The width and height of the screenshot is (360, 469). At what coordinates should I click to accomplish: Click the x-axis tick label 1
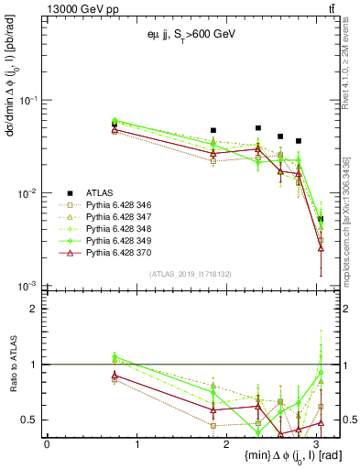136,444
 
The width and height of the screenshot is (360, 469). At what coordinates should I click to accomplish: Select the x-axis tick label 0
47,444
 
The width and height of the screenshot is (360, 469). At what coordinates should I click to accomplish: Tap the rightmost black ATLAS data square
321,219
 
